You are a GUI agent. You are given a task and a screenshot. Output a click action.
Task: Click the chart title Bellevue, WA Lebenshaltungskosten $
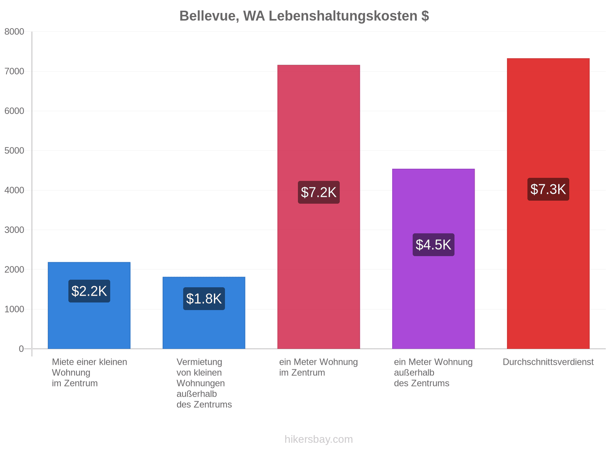pyautogui.click(x=304, y=16)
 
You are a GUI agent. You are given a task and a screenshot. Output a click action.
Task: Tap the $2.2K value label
pyautogui.click(x=89, y=291)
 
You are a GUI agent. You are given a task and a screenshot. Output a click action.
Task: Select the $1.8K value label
pyautogui.click(x=204, y=298)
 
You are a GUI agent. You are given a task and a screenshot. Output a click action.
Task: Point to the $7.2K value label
pyautogui.click(x=318, y=192)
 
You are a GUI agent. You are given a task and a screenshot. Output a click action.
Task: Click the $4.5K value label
pyautogui.click(x=433, y=244)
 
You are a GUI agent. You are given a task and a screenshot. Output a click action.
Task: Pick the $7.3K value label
pyautogui.click(x=548, y=189)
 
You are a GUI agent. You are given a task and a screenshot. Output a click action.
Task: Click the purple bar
pyautogui.click(x=433, y=259)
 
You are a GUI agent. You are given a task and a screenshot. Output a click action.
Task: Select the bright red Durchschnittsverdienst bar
pyautogui.click(x=548, y=204)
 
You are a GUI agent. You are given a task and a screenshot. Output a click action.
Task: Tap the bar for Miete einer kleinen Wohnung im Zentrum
pyautogui.click(x=89, y=306)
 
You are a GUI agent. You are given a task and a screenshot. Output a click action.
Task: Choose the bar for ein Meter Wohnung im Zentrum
pyautogui.click(x=318, y=207)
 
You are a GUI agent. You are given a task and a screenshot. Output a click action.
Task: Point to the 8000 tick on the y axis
pyautogui.click(x=14, y=32)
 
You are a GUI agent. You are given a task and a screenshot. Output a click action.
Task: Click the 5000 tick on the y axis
pyautogui.click(x=14, y=150)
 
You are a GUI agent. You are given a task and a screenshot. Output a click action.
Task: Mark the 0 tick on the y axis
pyautogui.click(x=21, y=349)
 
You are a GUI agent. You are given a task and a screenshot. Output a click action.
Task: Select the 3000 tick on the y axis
pyautogui.click(x=14, y=230)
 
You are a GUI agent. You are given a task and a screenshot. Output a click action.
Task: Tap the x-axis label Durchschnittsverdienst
pyautogui.click(x=548, y=362)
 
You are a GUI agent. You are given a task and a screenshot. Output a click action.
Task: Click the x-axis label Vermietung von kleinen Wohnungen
pyautogui.click(x=204, y=383)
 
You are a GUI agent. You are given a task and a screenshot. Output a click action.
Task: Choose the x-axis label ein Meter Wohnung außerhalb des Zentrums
pyautogui.click(x=433, y=372)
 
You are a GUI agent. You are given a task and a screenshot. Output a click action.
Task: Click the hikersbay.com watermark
pyautogui.click(x=318, y=439)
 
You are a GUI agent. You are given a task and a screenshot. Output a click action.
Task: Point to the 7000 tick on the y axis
pyautogui.click(x=14, y=71)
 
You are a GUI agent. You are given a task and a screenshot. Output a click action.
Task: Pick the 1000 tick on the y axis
pyautogui.click(x=14, y=309)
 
